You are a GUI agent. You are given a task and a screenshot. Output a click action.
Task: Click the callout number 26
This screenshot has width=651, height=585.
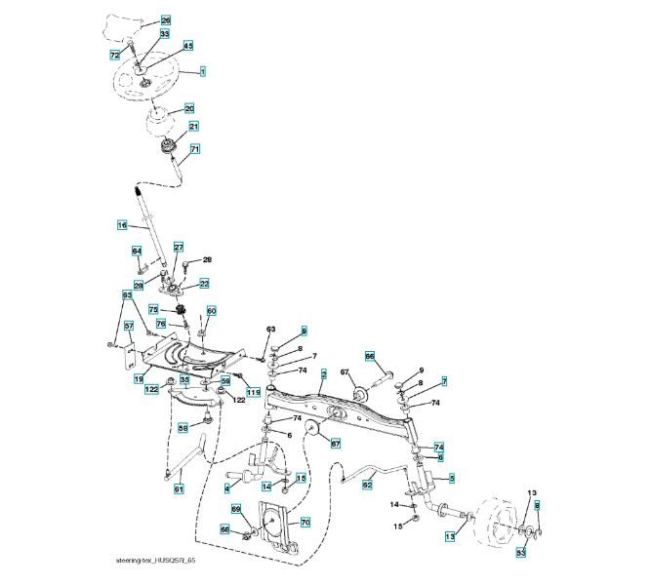[165, 20]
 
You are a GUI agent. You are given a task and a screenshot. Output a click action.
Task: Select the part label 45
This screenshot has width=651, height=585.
[187, 46]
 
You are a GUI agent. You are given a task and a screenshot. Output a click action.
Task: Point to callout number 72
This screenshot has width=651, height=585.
[115, 56]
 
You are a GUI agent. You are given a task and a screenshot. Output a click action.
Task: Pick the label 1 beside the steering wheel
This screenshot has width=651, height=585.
[202, 71]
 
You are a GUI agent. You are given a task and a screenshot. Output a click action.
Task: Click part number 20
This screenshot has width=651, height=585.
[189, 108]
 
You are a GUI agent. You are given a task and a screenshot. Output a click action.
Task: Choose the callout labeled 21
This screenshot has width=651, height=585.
[193, 127]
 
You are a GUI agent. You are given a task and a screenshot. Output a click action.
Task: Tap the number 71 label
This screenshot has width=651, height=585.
[195, 149]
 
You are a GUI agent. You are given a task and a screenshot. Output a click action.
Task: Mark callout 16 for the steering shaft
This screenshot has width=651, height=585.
[122, 225]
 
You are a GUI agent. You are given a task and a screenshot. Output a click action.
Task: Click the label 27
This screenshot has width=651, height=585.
[179, 248]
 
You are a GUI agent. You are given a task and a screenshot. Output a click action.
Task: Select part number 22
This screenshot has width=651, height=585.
[204, 283]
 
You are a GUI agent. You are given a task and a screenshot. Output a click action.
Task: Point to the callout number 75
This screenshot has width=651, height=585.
[152, 309]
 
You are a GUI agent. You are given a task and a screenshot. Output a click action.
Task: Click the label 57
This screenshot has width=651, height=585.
[128, 327]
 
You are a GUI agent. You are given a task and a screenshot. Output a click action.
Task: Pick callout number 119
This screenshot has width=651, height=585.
[253, 392]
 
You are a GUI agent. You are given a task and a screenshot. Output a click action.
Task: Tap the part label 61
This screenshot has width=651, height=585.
[179, 489]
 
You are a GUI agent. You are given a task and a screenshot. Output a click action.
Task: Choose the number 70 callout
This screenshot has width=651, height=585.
[305, 523]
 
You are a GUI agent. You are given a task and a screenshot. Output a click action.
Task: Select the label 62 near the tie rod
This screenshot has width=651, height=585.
[368, 484]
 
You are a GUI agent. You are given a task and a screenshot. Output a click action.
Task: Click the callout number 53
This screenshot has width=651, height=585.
[521, 553]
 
